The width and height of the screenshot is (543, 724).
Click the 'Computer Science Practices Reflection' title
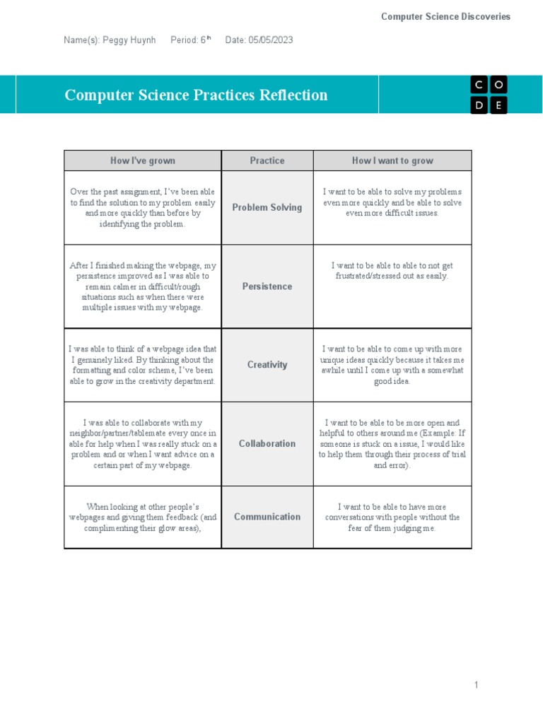point(196,95)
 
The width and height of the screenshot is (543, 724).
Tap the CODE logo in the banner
point(489,95)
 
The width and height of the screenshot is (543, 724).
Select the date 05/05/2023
point(271,40)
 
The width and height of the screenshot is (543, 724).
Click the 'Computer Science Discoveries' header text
point(445,16)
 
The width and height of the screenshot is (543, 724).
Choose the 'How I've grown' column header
point(142,160)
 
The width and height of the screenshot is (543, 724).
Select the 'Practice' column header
point(267,160)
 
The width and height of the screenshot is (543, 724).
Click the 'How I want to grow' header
point(392,160)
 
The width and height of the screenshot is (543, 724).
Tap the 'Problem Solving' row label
point(267,207)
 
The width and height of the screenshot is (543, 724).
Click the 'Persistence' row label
point(267,286)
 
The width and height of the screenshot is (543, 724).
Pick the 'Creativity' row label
point(267,365)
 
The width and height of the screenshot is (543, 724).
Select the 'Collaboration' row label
point(267,443)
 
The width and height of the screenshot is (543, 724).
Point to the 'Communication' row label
point(267,516)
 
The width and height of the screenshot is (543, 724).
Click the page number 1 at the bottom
point(477,684)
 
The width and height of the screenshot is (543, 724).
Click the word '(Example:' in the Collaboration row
point(437,433)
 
